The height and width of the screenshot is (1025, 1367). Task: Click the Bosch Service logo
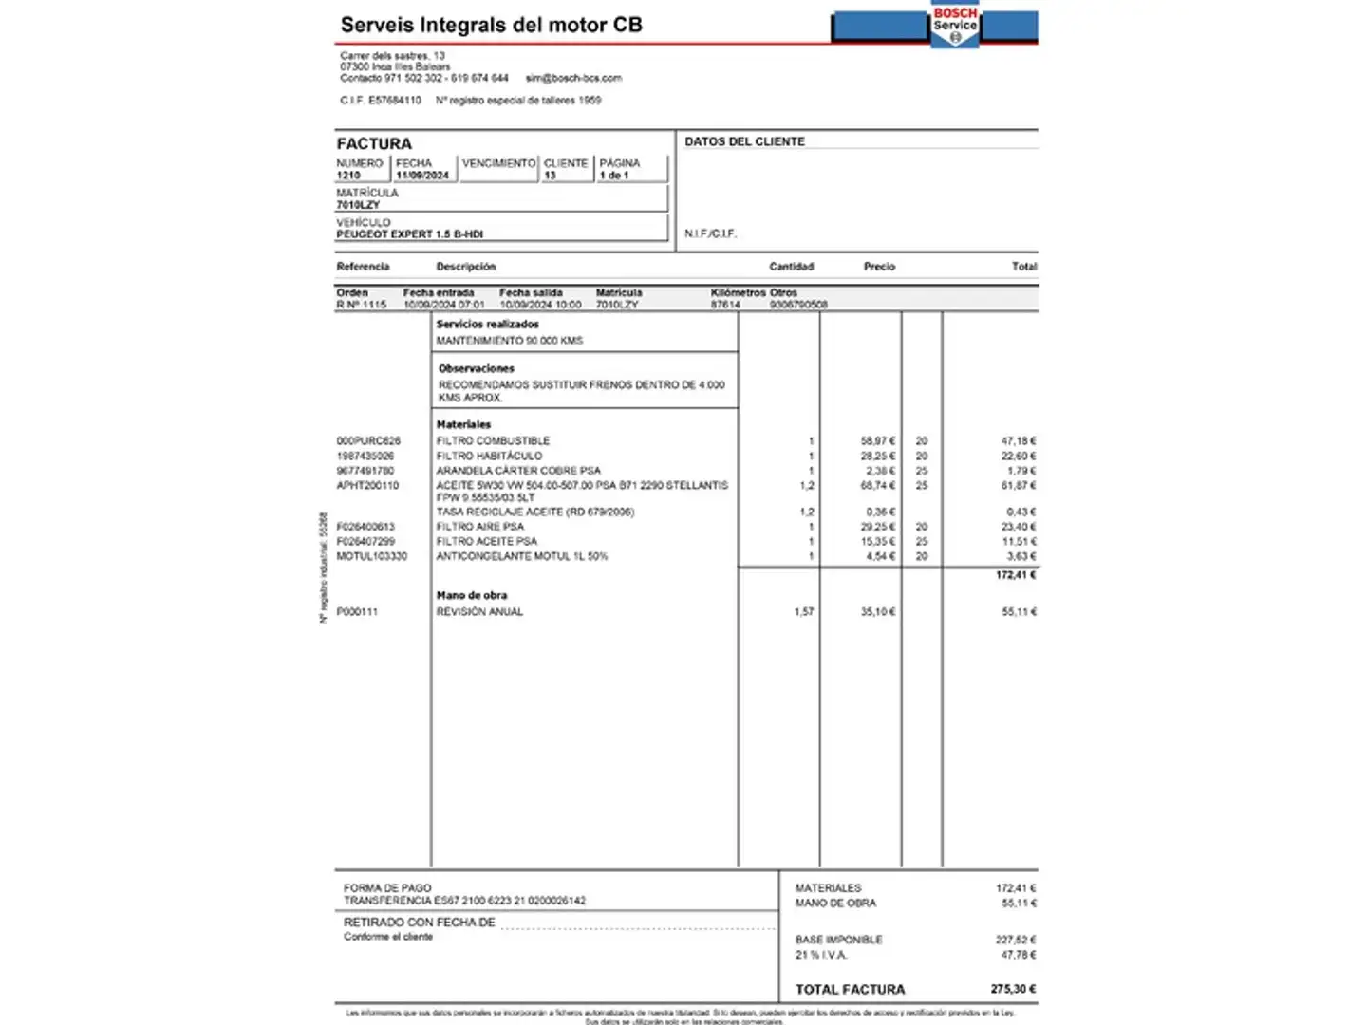pyautogui.click(x=954, y=26)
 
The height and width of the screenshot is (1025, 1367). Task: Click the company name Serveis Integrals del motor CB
pyautogui.click(x=491, y=26)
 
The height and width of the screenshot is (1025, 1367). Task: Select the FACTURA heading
pyautogui.click(x=374, y=143)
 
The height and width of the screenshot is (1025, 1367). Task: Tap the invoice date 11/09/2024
pyautogui.click(x=422, y=176)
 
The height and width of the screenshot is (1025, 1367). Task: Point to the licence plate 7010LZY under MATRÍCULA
pyautogui.click(x=358, y=205)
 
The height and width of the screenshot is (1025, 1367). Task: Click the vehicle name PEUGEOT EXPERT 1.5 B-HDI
pyautogui.click(x=409, y=234)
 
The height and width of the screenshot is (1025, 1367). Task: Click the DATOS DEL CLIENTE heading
pyautogui.click(x=744, y=141)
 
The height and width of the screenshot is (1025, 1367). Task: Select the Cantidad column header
pyautogui.click(x=791, y=267)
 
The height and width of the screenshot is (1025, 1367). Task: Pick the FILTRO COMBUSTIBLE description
pyautogui.click(x=493, y=441)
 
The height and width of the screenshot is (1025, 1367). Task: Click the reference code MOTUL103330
pyautogui.click(x=371, y=556)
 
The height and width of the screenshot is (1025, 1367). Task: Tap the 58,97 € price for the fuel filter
pyautogui.click(x=877, y=441)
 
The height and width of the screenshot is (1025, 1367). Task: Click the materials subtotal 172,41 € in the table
pyautogui.click(x=1015, y=575)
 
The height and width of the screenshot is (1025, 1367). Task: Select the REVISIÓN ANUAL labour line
pyautogui.click(x=479, y=612)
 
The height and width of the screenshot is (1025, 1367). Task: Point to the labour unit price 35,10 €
pyautogui.click(x=877, y=612)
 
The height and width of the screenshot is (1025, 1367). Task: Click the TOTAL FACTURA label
pyautogui.click(x=850, y=989)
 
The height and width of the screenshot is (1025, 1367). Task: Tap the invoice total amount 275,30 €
pyautogui.click(x=1013, y=989)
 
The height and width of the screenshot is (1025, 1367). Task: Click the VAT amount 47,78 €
pyautogui.click(x=1018, y=955)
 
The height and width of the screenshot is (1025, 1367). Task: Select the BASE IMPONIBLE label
pyautogui.click(x=838, y=940)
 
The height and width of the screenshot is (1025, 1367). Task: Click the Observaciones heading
pyautogui.click(x=476, y=368)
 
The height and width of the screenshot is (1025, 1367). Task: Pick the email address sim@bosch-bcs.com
pyautogui.click(x=573, y=78)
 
